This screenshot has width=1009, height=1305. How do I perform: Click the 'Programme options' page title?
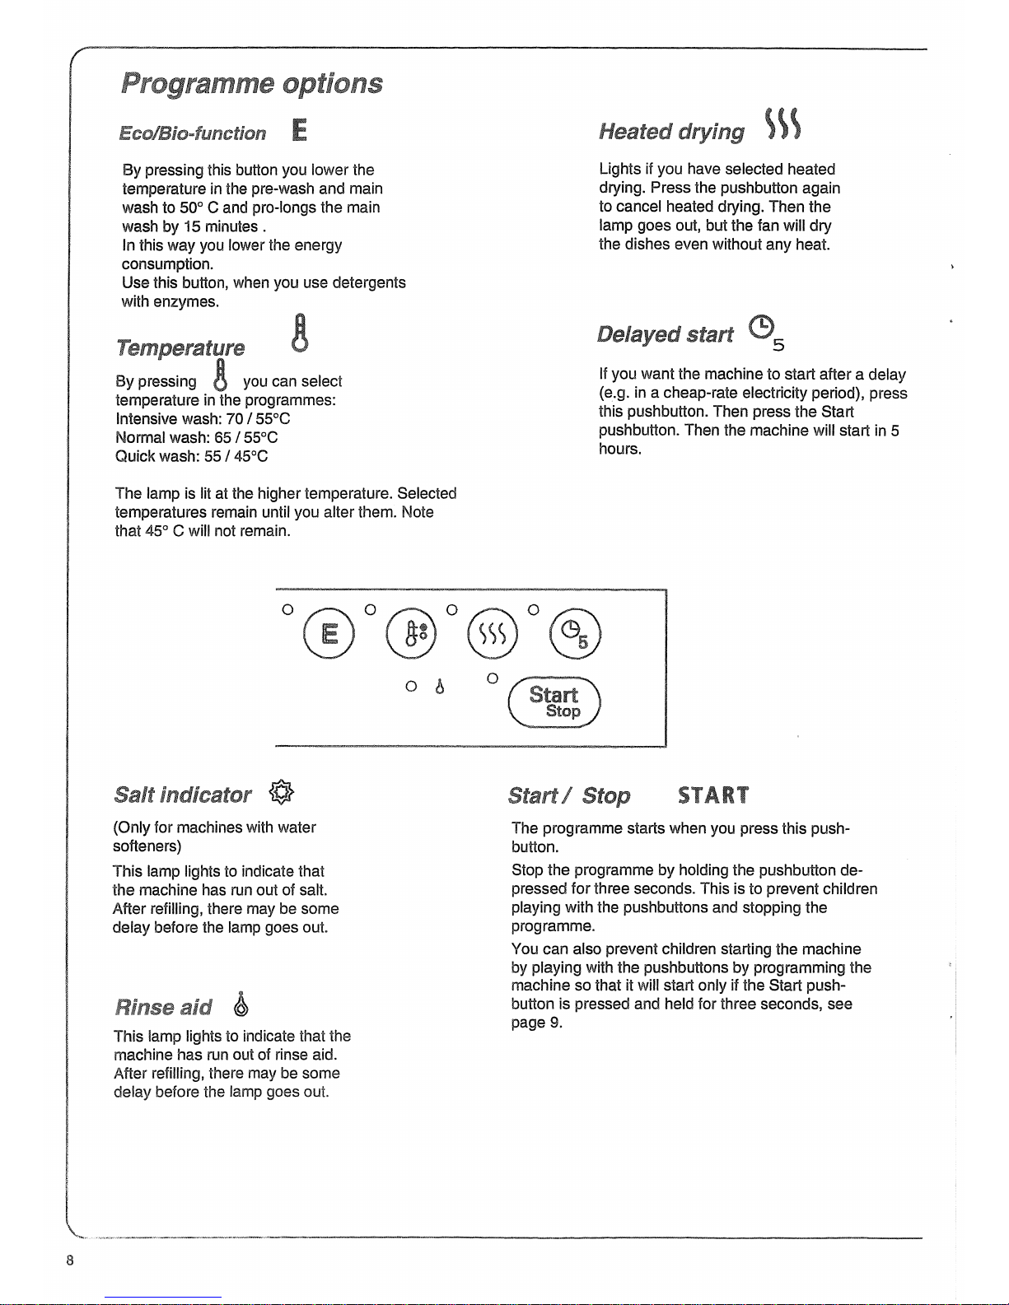(x=252, y=83)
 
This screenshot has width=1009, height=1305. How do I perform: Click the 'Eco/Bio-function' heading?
(x=193, y=133)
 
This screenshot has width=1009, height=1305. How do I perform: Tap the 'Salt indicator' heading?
(x=183, y=795)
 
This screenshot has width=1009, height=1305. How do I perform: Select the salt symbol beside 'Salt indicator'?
(x=282, y=793)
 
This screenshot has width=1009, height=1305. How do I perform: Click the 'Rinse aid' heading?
(x=163, y=1007)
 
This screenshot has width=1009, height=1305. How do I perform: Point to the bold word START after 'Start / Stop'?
(x=713, y=795)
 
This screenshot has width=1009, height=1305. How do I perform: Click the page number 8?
(x=72, y=1260)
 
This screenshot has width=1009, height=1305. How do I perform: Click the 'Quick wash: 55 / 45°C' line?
(x=192, y=456)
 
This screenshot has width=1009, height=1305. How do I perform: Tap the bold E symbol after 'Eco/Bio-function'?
(x=300, y=131)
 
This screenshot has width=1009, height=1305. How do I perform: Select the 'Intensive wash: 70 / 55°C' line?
(x=203, y=418)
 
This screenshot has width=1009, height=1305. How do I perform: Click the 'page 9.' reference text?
(x=537, y=1023)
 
